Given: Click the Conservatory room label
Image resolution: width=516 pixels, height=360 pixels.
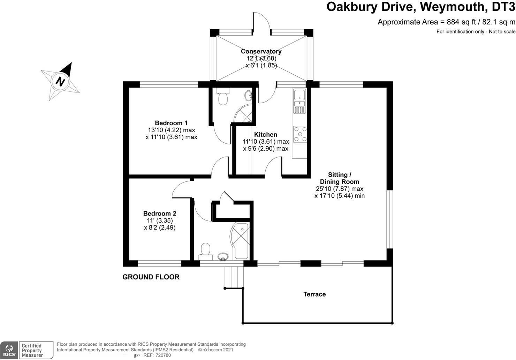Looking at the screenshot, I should click(261, 51).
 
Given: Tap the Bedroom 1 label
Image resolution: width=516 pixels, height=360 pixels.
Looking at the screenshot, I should click(171, 123).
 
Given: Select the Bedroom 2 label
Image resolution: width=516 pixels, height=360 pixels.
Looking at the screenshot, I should click(160, 213).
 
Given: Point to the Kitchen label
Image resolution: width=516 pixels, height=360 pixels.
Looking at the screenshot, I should click(266, 134).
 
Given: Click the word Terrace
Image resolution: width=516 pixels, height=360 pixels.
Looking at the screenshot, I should click(314, 294).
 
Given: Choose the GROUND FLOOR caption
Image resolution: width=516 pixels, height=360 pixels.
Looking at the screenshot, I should click(151, 277).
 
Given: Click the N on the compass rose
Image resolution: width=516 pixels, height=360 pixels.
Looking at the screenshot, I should click(61, 82).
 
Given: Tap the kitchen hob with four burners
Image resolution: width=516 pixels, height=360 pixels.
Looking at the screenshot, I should click(300, 134).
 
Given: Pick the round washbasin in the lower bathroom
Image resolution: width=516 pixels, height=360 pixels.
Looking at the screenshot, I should click(223, 257).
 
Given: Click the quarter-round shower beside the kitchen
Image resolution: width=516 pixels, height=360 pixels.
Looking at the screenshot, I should click(244, 113).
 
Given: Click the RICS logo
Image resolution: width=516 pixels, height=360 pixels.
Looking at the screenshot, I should click(9, 350).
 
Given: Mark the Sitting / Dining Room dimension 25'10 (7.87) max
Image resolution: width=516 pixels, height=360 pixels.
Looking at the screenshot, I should click(339, 189).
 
